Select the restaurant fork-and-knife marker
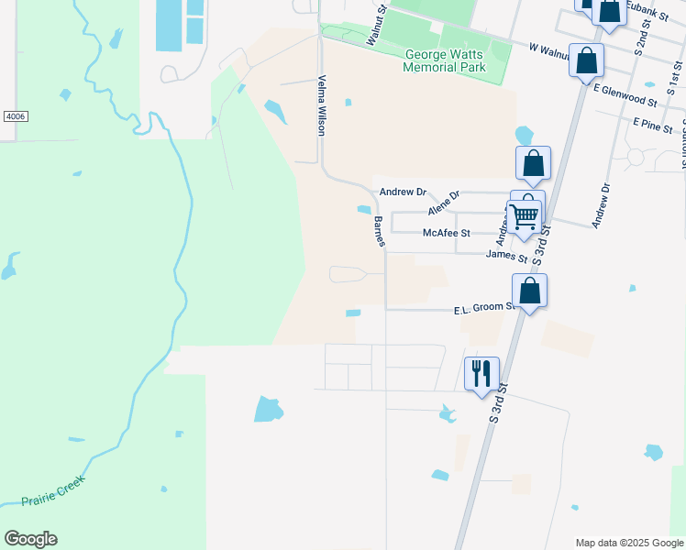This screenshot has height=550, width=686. (x=481, y=373)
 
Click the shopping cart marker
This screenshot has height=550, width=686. (x=524, y=217)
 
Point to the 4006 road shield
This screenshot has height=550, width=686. (x=15, y=116)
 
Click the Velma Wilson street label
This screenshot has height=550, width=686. (x=322, y=105)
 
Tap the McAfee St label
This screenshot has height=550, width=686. (x=446, y=234)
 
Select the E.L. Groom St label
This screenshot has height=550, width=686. (x=484, y=311)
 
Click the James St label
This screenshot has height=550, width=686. (x=506, y=257)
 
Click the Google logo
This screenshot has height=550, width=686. (x=31, y=539)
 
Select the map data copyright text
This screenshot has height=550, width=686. (x=629, y=543)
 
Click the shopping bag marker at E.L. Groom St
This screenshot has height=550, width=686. (x=529, y=291)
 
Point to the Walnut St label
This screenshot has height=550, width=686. (x=377, y=25)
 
